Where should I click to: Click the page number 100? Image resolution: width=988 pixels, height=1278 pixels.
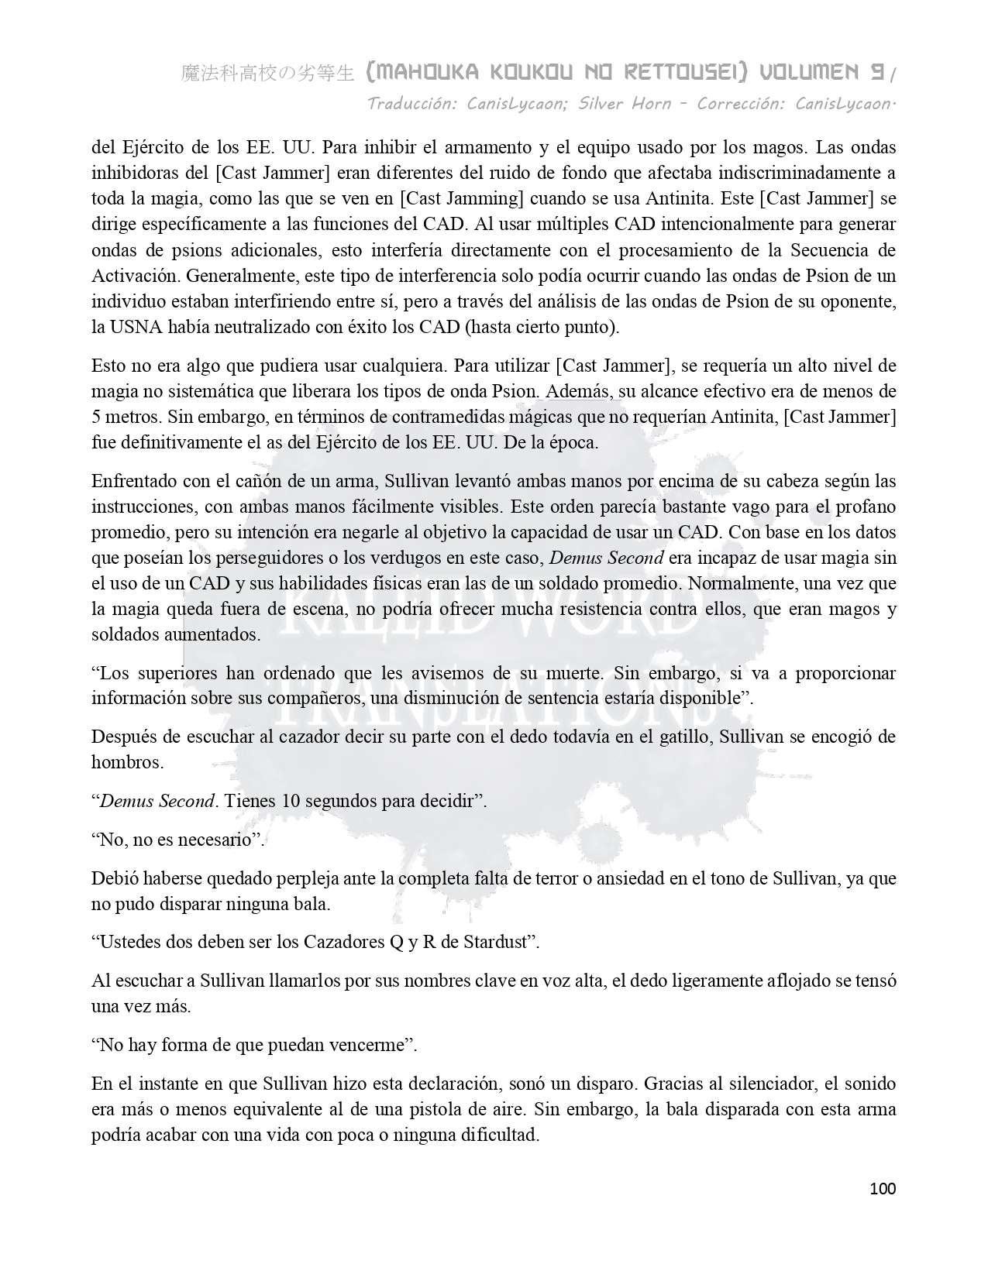coord(883,1189)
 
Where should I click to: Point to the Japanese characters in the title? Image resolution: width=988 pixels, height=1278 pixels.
coord(267,74)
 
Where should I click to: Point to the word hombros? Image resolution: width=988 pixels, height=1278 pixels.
coord(127,762)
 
